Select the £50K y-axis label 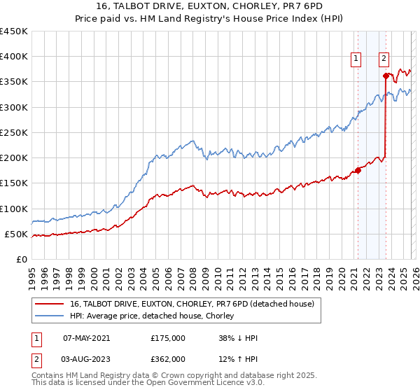[17, 234]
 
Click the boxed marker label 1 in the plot [357, 59]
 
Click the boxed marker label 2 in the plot [384, 59]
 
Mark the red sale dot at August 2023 [386, 76]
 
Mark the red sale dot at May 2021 [358, 169]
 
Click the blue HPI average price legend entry [155, 316]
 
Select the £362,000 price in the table [167, 358]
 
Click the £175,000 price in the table [167, 338]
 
